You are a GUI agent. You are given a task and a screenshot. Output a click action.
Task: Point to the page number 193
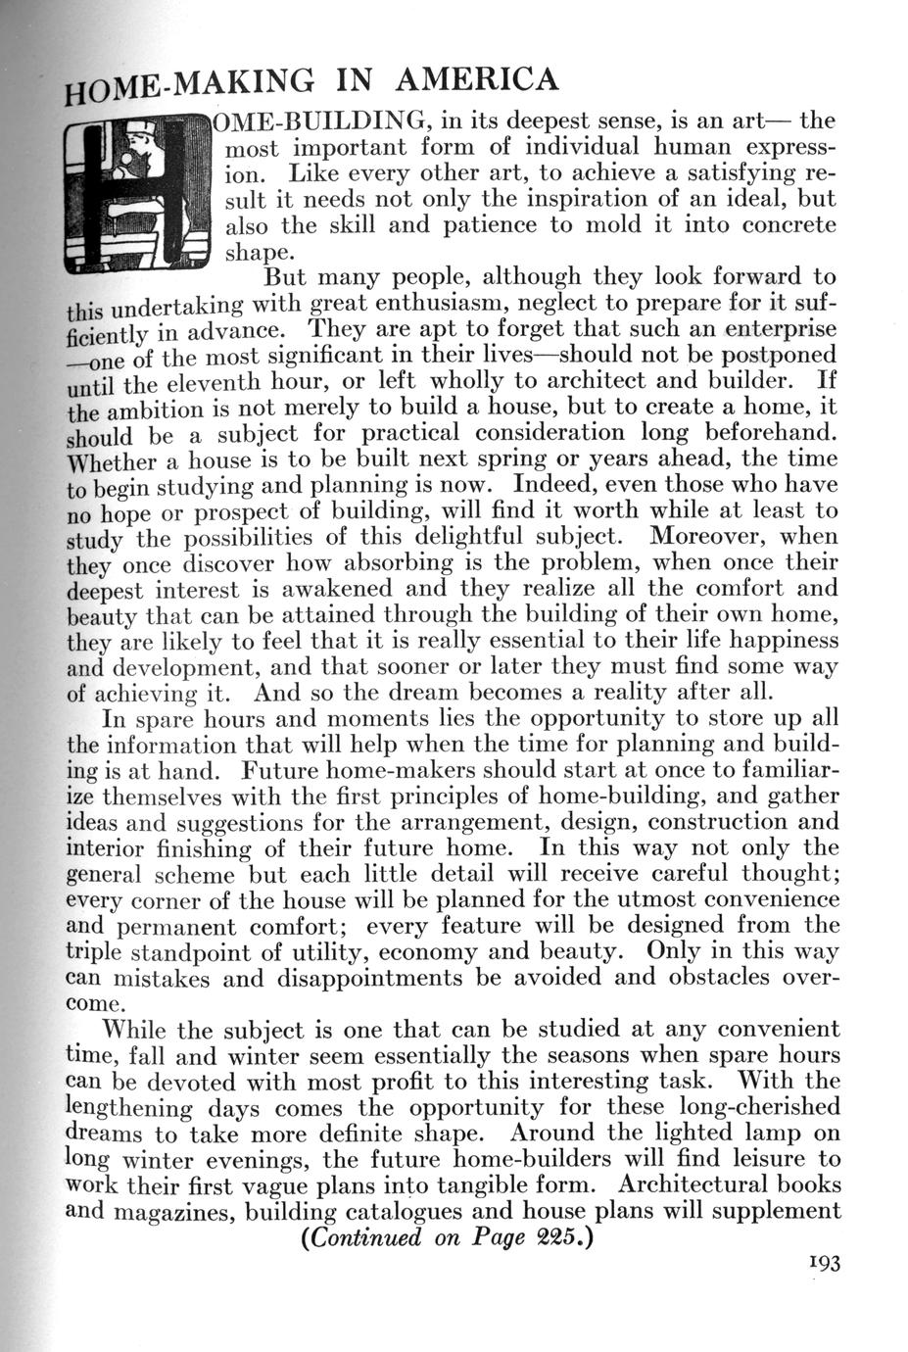coord(821,1264)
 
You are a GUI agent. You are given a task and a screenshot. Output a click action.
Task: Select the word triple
coord(92,952)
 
